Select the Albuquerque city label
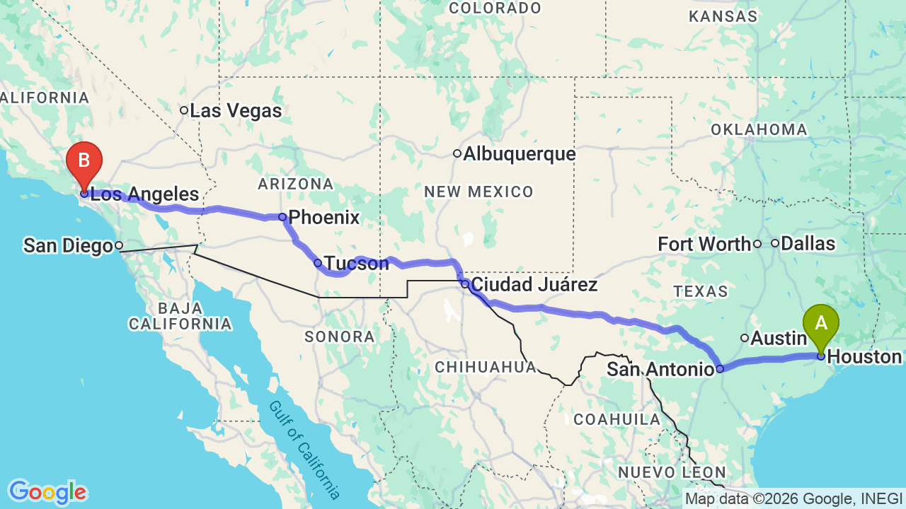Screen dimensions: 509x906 519,154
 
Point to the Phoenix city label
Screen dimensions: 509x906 324,218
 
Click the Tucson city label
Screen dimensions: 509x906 356,264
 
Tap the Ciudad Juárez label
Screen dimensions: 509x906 534,285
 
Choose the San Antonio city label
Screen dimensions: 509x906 660,369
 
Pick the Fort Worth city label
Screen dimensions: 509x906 704,245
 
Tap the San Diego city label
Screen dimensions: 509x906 68,246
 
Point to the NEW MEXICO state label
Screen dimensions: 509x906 478,192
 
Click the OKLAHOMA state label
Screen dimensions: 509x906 759,130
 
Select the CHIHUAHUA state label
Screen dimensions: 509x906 486,367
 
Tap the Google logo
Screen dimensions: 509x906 47,492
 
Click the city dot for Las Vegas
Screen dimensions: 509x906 184,110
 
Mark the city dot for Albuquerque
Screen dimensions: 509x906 457,153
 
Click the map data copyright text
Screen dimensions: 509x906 793,498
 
